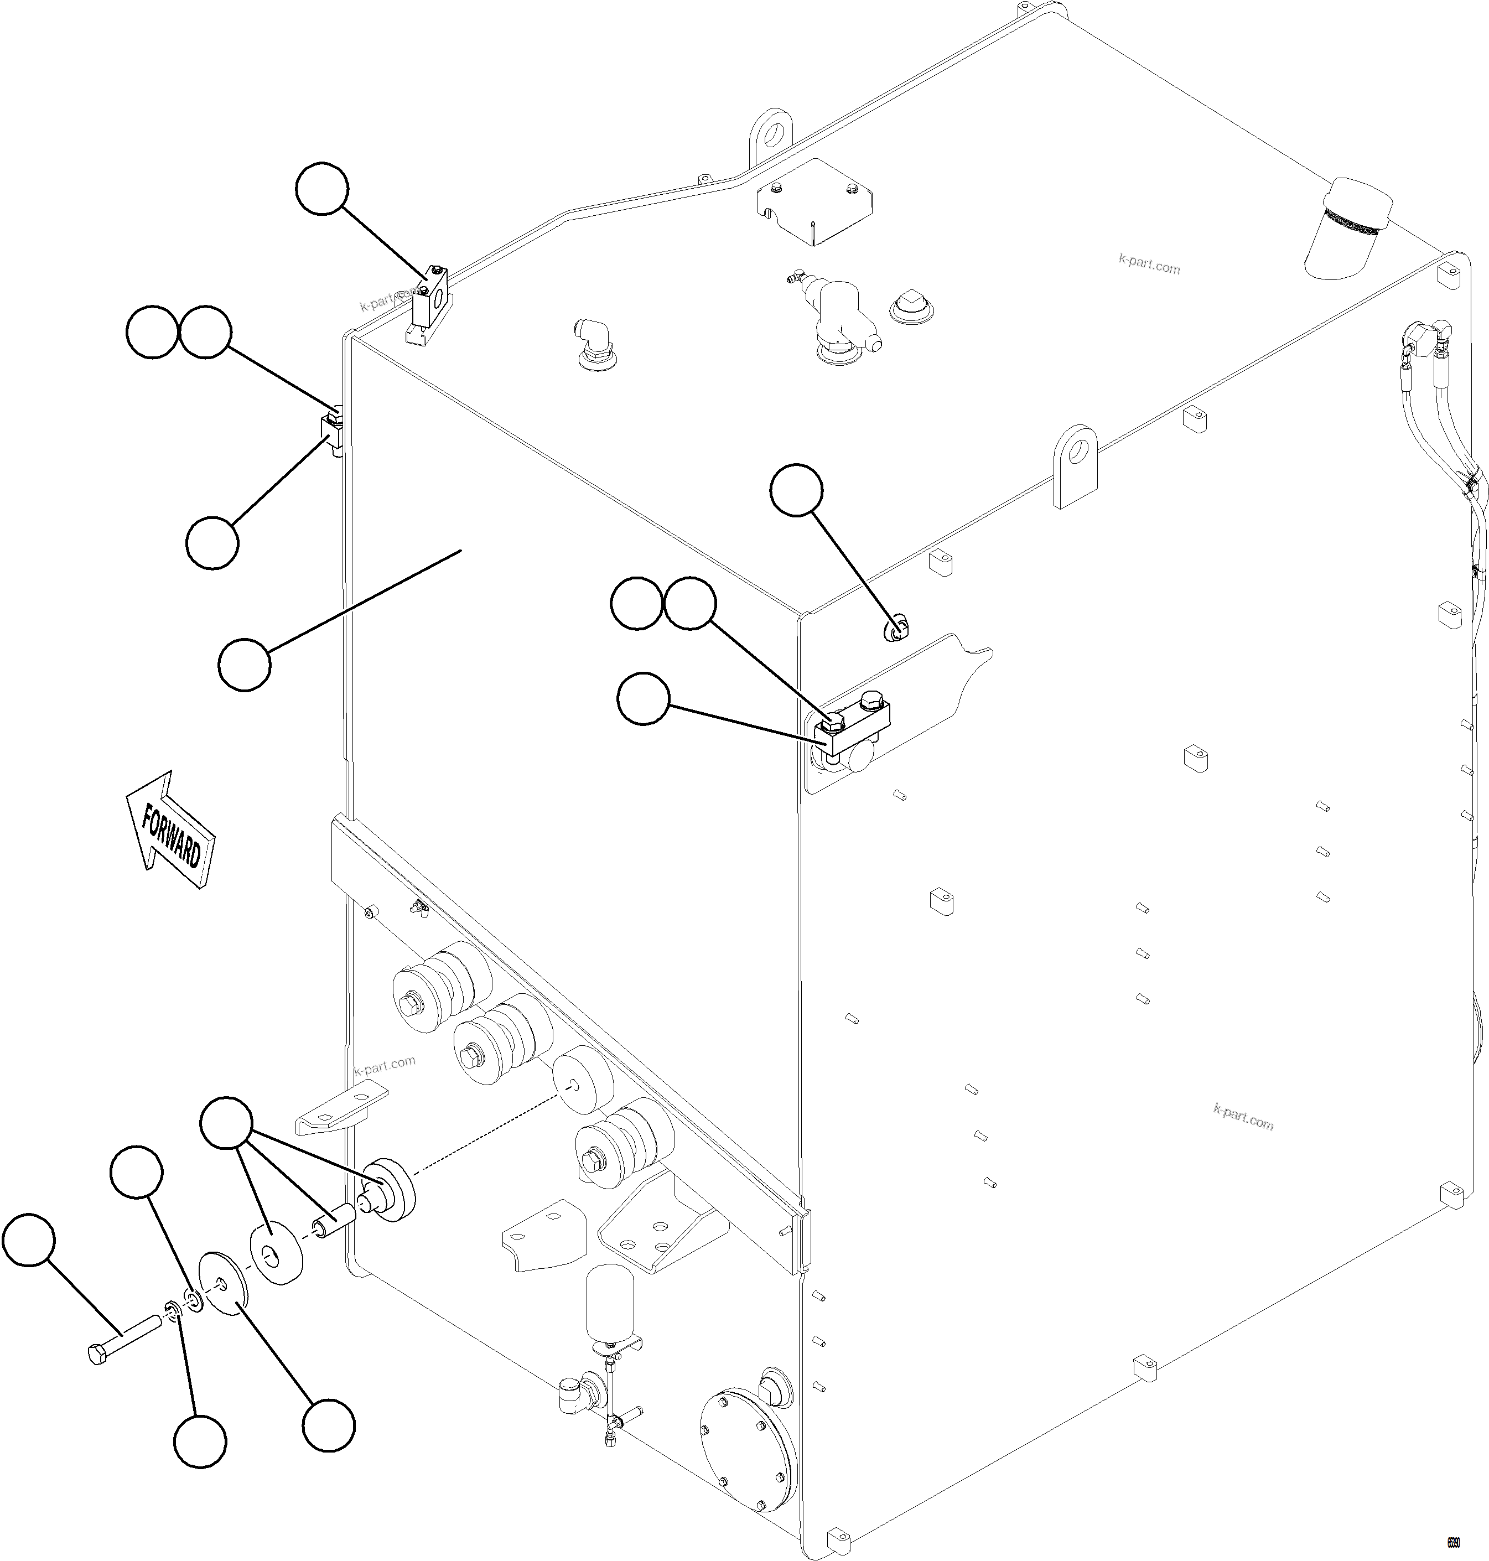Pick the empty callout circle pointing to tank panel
pos(245,664)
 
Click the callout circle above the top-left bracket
pos(321,189)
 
